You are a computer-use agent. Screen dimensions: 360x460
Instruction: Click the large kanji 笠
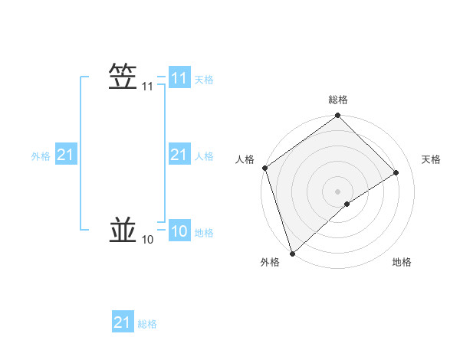coord(123,77)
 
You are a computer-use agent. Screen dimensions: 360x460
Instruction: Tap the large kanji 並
coord(123,231)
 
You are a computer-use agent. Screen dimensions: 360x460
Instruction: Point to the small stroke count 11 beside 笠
coord(147,87)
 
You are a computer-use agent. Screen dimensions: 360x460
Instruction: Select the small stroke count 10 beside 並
coord(147,241)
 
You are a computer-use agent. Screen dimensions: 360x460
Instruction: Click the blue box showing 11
coord(179,78)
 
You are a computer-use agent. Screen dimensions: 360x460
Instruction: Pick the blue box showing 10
coord(179,231)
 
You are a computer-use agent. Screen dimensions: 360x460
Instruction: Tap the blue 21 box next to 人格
coord(179,155)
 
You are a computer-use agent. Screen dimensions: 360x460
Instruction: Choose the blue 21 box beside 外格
coord(65,155)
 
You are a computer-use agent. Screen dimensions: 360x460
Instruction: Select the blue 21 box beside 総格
coord(122,322)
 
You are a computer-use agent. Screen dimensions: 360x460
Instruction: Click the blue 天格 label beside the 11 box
coord(204,80)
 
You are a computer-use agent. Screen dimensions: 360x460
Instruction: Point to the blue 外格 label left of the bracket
coord(41,156)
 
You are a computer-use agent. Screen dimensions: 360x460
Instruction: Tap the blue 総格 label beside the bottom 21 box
coord(147,324)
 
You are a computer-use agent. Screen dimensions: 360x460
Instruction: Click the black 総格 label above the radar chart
coord(337,100)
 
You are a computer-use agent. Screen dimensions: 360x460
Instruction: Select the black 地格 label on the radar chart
coord(402,263)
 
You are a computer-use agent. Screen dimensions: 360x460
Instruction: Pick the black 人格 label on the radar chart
coord(245,159)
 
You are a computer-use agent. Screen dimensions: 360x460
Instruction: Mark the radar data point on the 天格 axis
coord(396,172)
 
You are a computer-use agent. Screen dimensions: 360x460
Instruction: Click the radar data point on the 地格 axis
coord(347,204)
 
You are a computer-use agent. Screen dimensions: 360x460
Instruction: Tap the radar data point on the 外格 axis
coord(291,253)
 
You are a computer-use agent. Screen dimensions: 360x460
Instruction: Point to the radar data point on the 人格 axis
coord(264,168)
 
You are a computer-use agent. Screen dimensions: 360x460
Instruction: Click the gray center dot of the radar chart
coord(337,191)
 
